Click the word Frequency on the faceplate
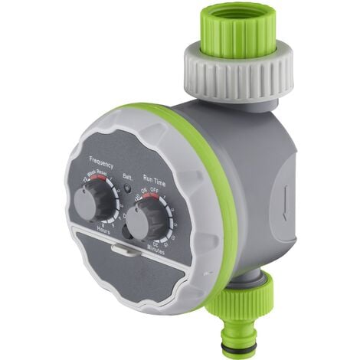(x=102, y=162)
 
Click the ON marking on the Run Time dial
(x=143, y=190)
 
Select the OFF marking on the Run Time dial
(x=158, y=191)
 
